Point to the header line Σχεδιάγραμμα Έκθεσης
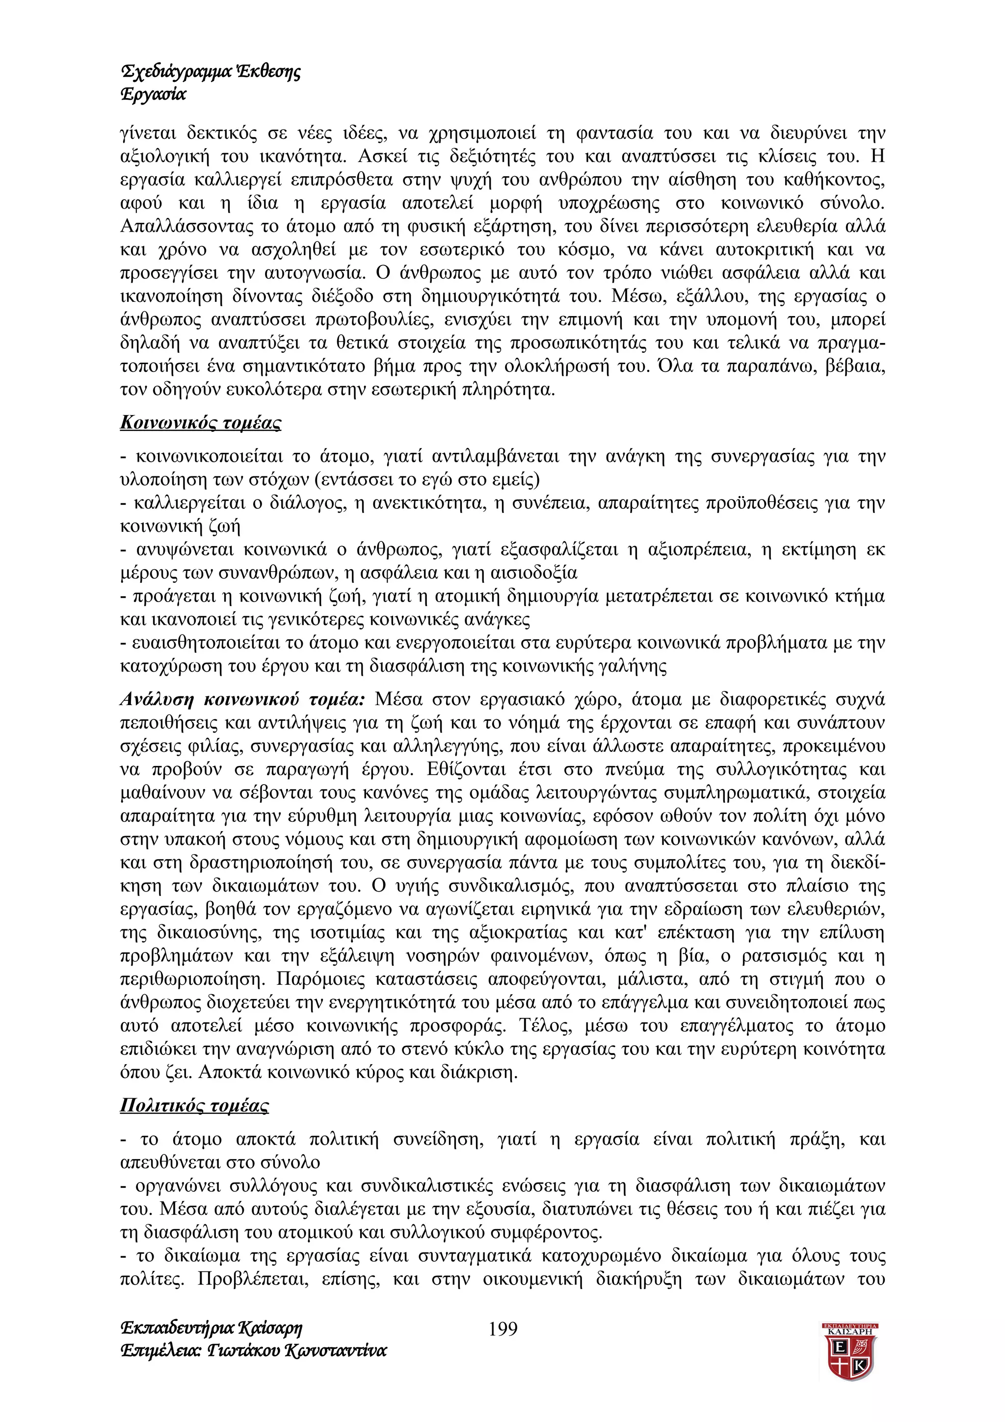pyautogui.click(x=211, y=71)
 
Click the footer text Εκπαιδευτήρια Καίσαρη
pyautogui.click(x=211, y=1328)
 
